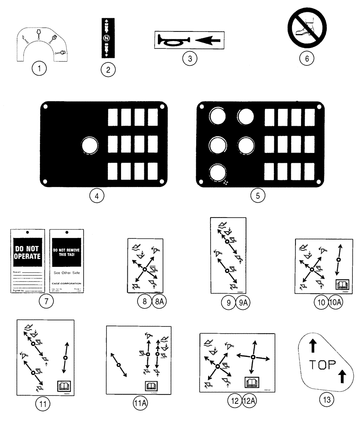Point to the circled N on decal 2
point(108,39)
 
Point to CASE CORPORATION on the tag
point(68,283)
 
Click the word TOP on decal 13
point(322,365)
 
